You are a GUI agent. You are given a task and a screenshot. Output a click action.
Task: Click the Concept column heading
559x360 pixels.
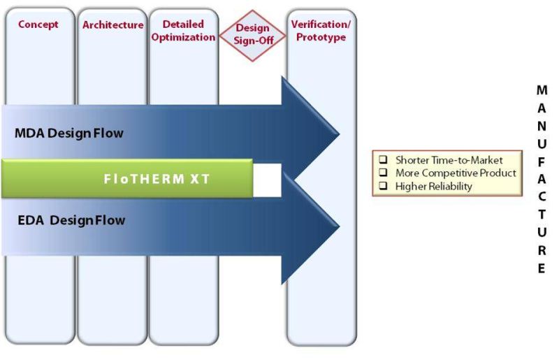pos(38,24)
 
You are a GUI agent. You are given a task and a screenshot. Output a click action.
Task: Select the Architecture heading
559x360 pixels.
pos(112,25)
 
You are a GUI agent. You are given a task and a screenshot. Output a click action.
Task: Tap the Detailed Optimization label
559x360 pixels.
pos(183,31)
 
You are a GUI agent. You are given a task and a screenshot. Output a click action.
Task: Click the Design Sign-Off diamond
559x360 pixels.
pos(252,34)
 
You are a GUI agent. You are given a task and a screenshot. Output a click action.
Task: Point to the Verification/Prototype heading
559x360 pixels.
pos(321,31)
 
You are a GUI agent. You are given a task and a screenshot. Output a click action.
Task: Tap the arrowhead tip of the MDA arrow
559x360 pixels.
pos(337,132)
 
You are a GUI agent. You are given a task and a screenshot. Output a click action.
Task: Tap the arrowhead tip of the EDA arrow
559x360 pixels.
pos(337,222)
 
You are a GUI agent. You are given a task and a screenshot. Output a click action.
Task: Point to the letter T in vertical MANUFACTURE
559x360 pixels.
pos(542,215)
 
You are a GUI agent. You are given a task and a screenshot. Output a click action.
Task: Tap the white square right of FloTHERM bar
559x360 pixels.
pos(267,178)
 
